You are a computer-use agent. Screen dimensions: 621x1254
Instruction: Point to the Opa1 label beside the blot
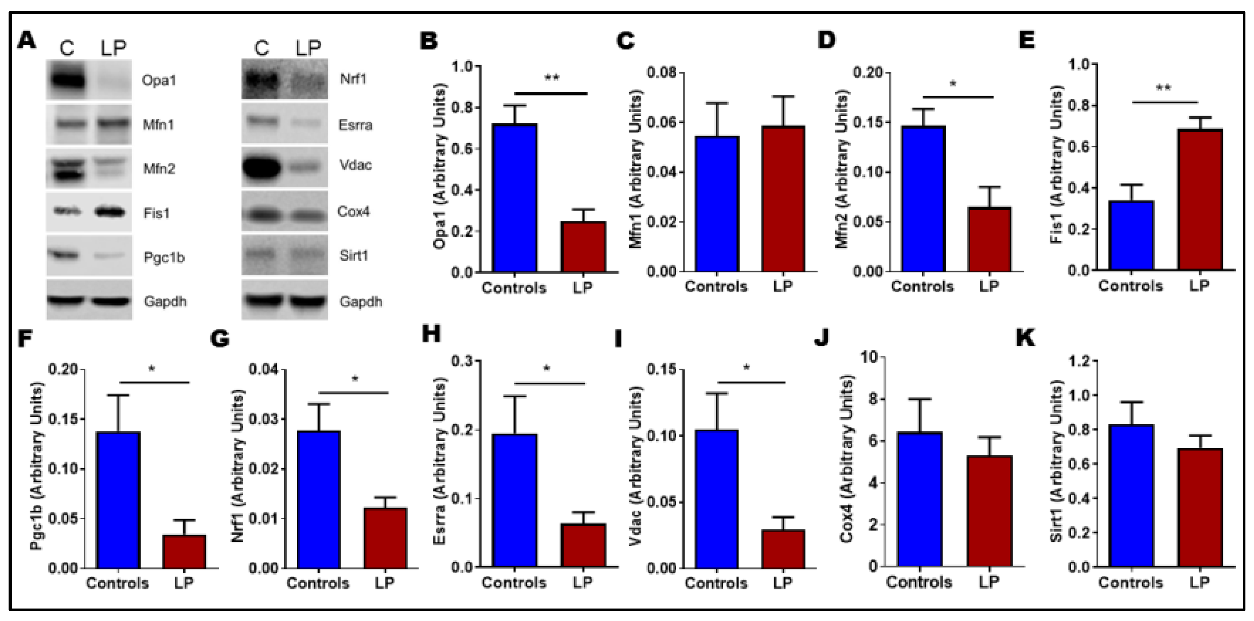tap(159, 80)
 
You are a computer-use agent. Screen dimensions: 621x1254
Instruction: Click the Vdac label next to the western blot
tap(355, 165)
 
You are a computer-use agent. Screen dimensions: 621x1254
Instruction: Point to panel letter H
tap(431, 335)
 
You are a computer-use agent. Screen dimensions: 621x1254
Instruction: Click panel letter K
tap(1025, 337)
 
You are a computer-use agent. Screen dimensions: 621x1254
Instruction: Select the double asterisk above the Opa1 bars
tap(551, 78)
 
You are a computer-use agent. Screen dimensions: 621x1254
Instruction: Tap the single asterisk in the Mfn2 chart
tap(953, 84)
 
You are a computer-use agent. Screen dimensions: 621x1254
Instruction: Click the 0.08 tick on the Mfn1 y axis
tap(662, 73)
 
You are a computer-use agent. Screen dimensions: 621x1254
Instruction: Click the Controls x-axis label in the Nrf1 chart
tap(318, 582)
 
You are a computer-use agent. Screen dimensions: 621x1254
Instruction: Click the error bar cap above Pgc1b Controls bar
tap(118, 395)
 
